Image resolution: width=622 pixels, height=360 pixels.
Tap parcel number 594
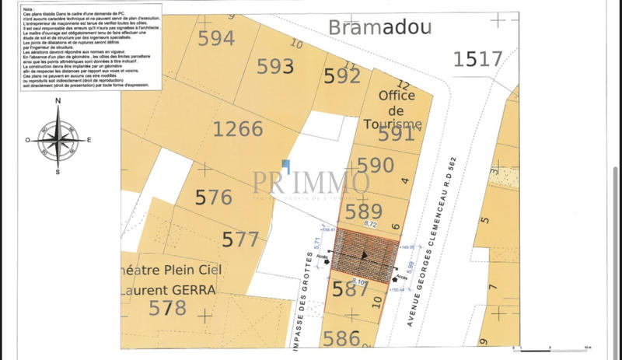coord(216,38)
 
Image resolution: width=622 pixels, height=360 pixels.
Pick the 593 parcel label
coord(275,67)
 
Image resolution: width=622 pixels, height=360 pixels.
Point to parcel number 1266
coord(238,128)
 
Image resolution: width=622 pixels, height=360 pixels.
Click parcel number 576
coord(213,197)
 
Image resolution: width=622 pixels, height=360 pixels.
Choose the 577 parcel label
coord(240,239)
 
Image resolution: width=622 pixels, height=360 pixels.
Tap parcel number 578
coord(167,309)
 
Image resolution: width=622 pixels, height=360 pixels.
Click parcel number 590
coord(376,166)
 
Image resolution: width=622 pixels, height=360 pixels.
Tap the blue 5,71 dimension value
coord(316,242)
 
